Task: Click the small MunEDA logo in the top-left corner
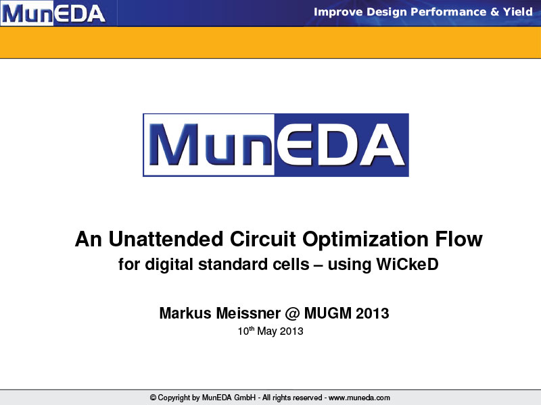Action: (x=53, y=13)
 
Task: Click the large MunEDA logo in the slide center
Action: (x=276, y=145)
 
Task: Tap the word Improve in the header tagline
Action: (x=338, y=12)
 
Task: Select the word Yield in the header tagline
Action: (x=517, y=11)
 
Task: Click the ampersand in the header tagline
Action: (x=494, y=12)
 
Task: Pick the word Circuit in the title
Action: (x=262, y=239)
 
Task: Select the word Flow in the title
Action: (x=458, y=239)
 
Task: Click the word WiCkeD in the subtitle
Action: (x=407, y=264)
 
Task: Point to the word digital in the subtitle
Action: (x=168, y=265)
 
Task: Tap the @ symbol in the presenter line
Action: (x=292, y=314)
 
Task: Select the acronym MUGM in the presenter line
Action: (x=328, y=313)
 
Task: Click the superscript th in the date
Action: (x=252, y=328)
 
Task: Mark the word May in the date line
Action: (x=267, y=331)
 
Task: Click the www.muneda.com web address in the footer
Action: (x=359, y=398)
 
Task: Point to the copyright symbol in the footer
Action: (x=154, y=398)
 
